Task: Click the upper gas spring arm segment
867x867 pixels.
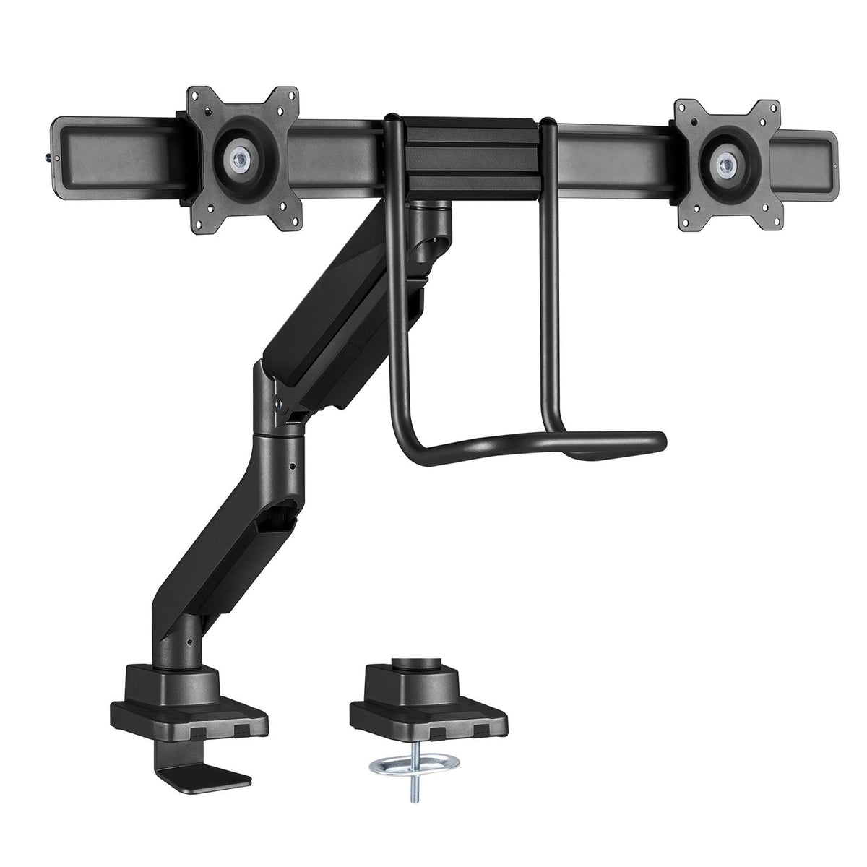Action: pyautogui.click(x=325, y=289)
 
